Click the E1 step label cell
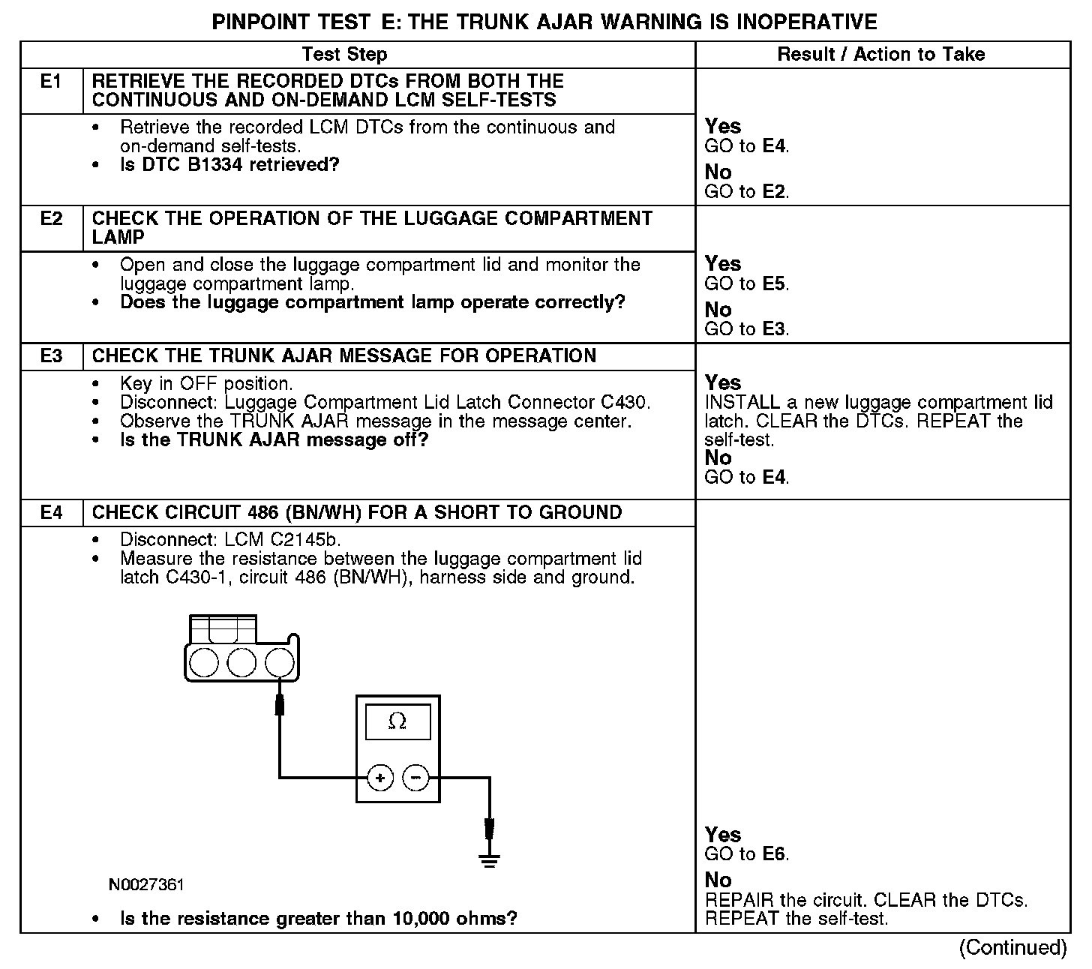point(51,81)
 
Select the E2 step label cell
point(51,218)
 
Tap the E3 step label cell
point(51,355)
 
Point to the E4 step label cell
point(51,513)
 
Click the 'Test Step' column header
point(344,54)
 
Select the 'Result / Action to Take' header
point(881,54)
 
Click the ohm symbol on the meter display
point(397,721)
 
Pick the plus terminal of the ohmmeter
point(380,778)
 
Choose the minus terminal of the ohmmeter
point(416,778)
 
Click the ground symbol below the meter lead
point(489,859)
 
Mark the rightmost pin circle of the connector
point(279,663)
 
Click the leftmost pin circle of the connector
point(204,663)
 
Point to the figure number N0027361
point(146,885)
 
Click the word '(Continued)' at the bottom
point(1012,948)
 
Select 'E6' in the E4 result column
point(775,854)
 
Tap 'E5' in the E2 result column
point(775,283)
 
